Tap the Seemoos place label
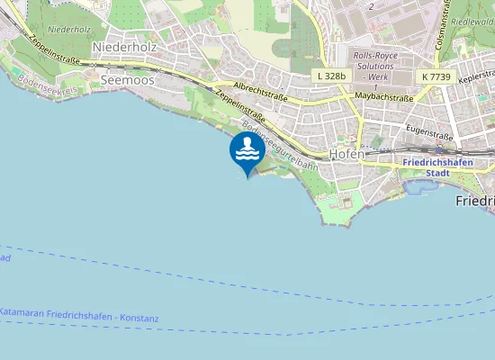[127, 80]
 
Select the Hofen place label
[346, 154]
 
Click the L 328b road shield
[331, 76]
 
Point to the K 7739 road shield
[436, 78]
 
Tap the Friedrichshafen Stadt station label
[436, 166]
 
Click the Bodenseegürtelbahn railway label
[280, 142]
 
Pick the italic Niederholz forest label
[70, 30]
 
